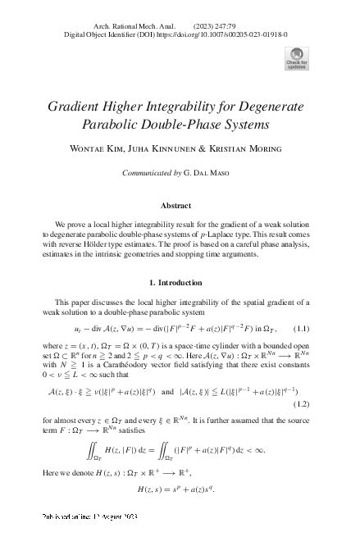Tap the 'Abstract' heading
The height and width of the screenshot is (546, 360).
coord(180,205)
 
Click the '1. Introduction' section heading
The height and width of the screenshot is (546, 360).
coord(180,282)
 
